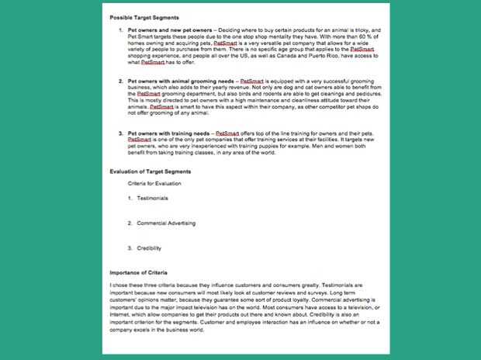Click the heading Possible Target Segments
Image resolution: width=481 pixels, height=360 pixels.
(x=144, y=17)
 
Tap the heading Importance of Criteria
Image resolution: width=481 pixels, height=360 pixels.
(x=140, y=274)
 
